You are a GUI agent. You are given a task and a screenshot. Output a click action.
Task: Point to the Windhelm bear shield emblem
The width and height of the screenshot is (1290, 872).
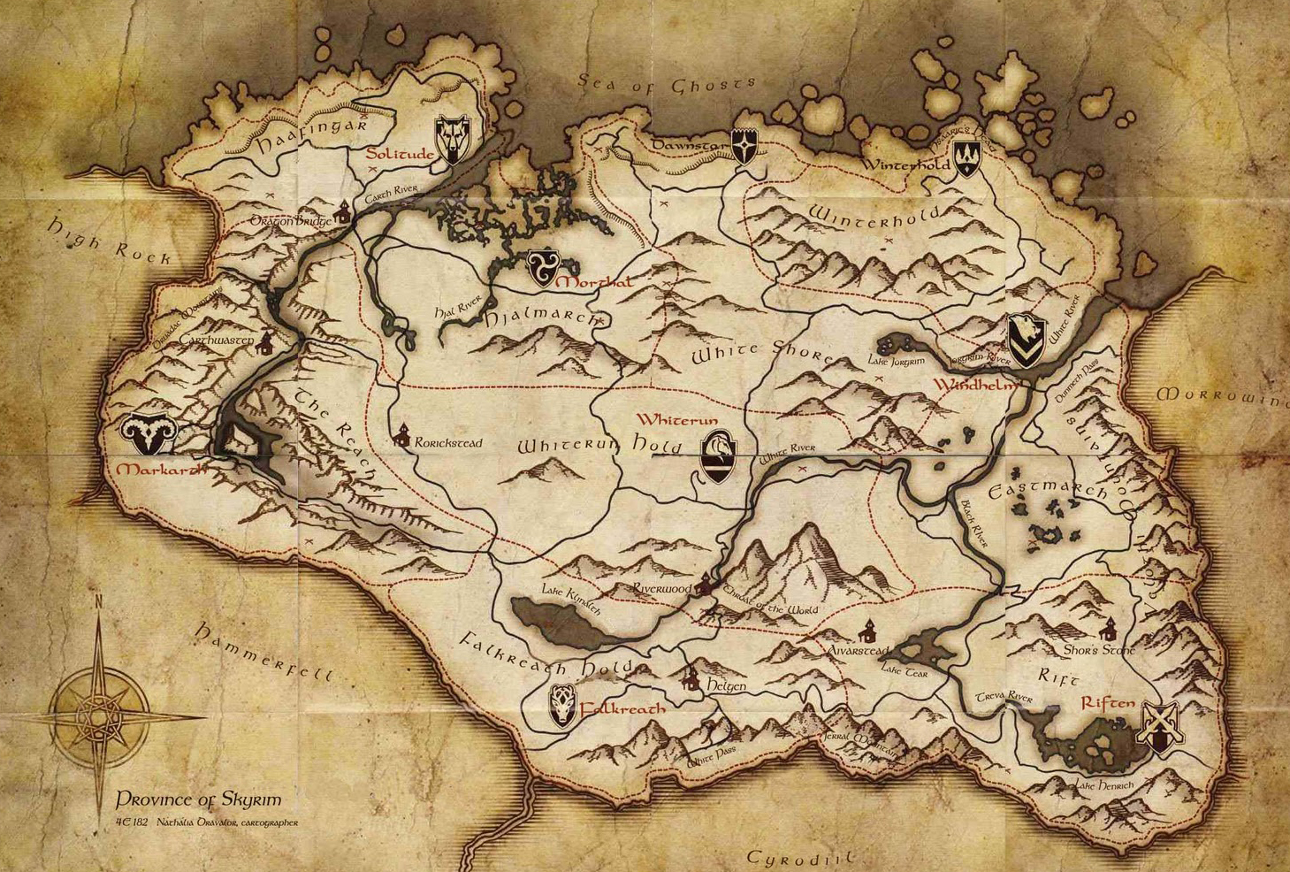pyautogui.click(x=1025, y=340)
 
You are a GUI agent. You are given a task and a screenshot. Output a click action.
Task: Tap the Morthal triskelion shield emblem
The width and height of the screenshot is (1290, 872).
pyautogui.click(x=541, y=267)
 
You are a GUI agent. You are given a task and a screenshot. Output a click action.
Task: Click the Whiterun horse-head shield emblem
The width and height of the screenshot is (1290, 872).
pyautogui.click(x=720, y=456)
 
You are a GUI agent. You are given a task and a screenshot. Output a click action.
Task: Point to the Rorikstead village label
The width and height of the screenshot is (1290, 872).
pyautogui.click(x=448, y=442)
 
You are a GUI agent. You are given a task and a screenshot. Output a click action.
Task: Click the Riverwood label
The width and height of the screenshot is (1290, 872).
pyautogui.click(x=661, y=588)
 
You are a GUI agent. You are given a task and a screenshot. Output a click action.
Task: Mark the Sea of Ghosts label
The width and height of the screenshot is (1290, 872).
pyautogui.click(x=668, y=85)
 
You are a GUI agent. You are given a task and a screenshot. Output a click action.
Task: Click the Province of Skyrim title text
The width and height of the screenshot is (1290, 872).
pyautogui.click(x=198, y=799)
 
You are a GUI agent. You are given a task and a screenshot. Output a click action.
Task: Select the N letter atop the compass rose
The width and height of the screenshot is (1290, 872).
pyautogui.click(x=98, y=602)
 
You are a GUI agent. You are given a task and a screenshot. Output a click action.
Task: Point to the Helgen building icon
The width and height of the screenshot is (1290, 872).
pyautogui.click(x=691, y=679)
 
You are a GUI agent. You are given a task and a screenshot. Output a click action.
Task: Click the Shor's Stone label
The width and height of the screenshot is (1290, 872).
pyautogui.click(x=1099, y=650)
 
